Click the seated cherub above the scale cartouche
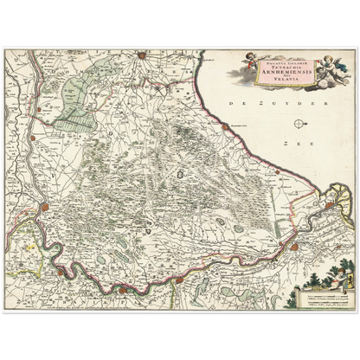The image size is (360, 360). point(321,279)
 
